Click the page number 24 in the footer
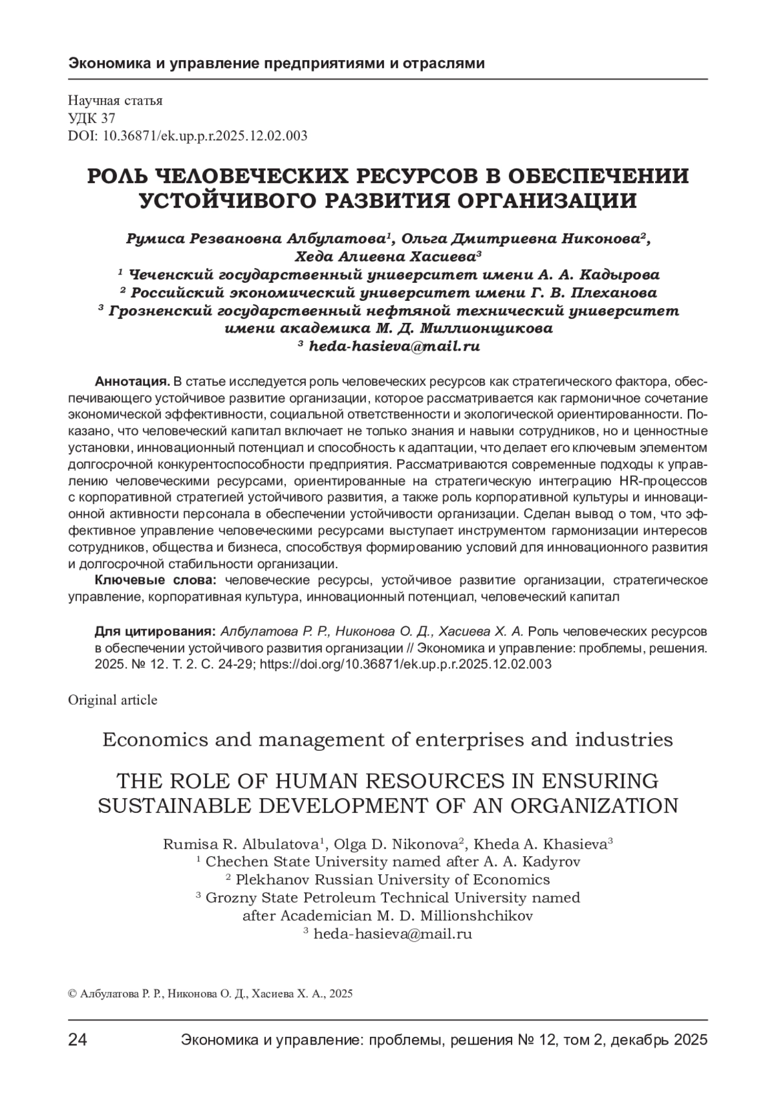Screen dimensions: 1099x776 click(78, 1040)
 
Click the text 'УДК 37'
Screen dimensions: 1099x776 click(91, 118)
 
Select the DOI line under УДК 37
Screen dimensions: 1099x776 click(188, 135)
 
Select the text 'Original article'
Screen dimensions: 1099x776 click(113, 700)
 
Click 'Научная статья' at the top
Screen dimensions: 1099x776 click(115, 100)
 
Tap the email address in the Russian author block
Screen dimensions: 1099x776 click(395, 346)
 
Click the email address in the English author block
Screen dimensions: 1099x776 click(393, 934)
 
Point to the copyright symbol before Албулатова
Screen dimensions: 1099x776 click(72, 994)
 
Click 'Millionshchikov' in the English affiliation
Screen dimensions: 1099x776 click(476, 916)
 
